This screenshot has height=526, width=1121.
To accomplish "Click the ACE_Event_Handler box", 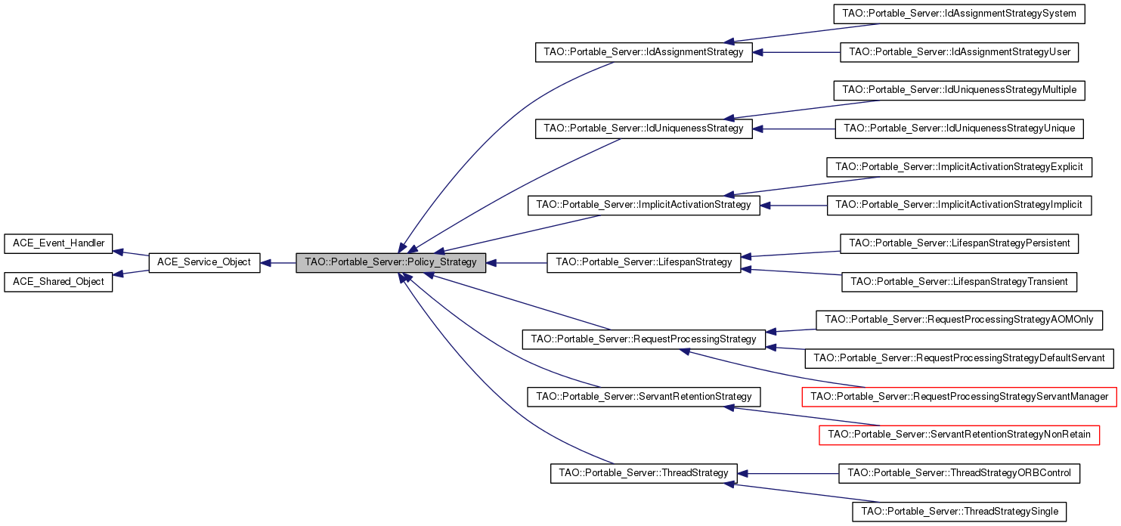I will pos(58,243).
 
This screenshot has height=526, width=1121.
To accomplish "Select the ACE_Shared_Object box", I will pos(58,282).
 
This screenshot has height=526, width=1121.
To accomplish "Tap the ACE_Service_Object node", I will pos(205,263).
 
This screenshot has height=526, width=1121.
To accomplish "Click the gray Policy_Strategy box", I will pos(390,263).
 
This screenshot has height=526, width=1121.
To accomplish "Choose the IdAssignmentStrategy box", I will pos(643,53).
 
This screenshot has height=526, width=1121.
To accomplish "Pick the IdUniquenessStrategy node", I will pos(643,128).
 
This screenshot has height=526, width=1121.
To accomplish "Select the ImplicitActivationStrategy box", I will pos(643,205).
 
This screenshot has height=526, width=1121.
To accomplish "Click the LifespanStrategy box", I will pos(644,262).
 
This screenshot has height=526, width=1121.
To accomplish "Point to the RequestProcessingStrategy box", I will pos(643,339).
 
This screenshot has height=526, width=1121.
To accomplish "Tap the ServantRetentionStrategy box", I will pos(643,397).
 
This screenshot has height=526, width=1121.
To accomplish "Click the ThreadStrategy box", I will pos(643,473).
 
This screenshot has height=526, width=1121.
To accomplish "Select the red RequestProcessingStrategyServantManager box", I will pos(959,397).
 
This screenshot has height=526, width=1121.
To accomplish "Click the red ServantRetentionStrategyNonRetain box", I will pos(959,435).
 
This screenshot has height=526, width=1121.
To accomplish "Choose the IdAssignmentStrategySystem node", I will pos(959,14).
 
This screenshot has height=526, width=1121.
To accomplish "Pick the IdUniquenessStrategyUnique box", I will pos(959,128).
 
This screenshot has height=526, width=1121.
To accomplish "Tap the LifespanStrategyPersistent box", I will pos(959,243).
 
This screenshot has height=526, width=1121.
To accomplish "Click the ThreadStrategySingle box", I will pos(959,512).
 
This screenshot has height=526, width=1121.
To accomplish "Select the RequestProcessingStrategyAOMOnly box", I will pos(959,320).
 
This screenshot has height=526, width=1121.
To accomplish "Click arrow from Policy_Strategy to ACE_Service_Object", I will pos(278,263).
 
